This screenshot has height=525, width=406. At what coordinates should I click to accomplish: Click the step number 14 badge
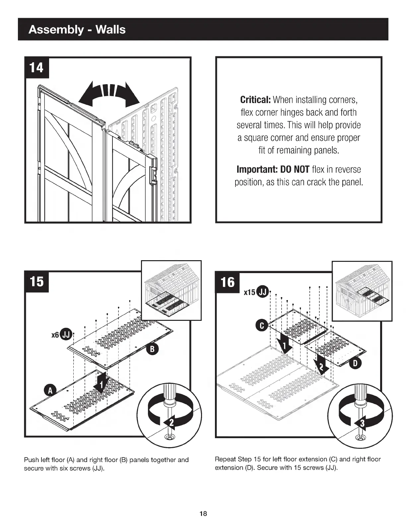pyautogui.click(x=36, y=68)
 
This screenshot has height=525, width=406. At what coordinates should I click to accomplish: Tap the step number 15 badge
pyautogui.click(x=36, y=281)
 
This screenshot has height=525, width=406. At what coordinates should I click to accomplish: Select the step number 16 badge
pyautogui.click(x=228, y=282)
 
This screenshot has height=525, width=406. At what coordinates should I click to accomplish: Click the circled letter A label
pyautogui.click(x=50, y=390)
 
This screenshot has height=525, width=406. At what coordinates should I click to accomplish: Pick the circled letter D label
pyautogui.click(x=355, y=364)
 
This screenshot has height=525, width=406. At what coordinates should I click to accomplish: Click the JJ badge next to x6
pyautogui.click(x=66, y=335)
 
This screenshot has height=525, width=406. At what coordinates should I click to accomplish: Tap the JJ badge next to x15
pyautogui.click(x=263, y=291)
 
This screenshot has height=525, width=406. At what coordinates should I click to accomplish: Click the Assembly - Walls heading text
pyautogui.click(x=77, y=30)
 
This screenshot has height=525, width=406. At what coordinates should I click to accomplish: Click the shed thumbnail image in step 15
pyautogui.click(x=171, y=290)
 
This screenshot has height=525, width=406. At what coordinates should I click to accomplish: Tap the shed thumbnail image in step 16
pyautogui.click(x=362, y=291)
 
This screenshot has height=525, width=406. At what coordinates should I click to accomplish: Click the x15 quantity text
pyautogui.click(x=249, y=292)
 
